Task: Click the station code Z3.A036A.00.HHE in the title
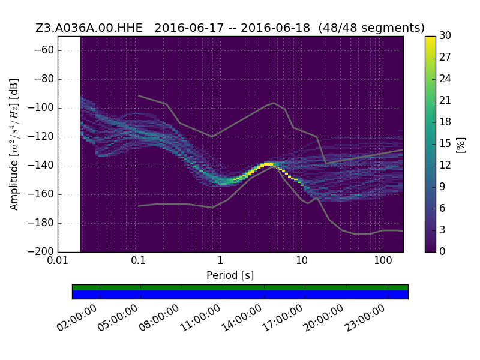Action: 89,28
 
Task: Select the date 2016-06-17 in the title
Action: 189,28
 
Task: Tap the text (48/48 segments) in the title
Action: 371,28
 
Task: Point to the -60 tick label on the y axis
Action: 44,50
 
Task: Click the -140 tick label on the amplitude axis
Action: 41,166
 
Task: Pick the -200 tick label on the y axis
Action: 41,251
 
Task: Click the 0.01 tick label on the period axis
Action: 58,261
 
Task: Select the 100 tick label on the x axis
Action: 383,261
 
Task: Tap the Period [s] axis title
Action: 230,275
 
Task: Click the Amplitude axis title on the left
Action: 14,144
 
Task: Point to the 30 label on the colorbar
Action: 445,35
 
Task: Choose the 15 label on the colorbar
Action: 445,143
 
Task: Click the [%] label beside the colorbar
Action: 460,145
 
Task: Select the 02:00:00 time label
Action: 77,318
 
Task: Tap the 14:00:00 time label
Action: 241,318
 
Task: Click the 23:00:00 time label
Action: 365,318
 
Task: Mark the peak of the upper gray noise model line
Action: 274,103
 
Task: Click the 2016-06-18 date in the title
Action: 275,28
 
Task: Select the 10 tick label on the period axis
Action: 302,261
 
